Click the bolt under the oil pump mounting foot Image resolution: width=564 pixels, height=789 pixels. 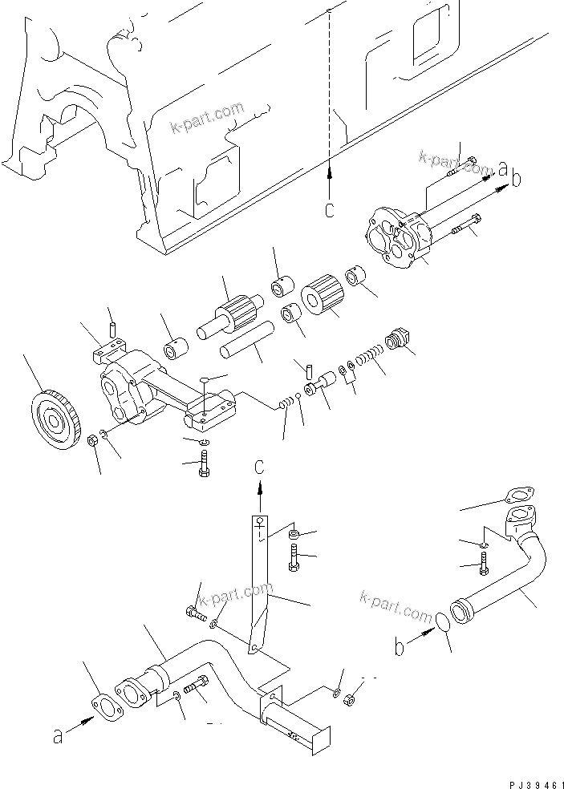(x=202, y=464)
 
